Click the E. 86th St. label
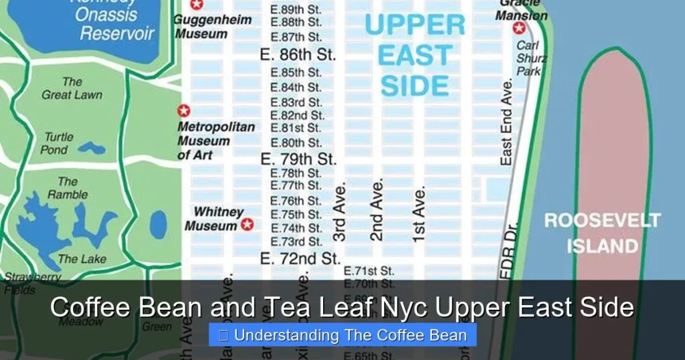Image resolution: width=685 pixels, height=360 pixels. coord(298,54)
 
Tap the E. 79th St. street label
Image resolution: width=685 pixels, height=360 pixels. coord(298,159)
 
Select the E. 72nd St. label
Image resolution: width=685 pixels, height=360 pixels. coord(300,258)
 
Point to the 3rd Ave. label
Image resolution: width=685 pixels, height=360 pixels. coord(340,210)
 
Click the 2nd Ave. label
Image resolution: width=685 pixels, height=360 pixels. coord(377,209)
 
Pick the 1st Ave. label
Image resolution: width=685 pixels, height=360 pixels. coord(419,214)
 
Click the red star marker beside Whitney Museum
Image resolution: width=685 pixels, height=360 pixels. coord(248,224)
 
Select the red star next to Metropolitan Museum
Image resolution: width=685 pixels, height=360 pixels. coord(183,111)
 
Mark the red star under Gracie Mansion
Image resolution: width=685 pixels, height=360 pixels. coord(519,28)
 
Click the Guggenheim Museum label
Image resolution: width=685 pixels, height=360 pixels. coord(213,26)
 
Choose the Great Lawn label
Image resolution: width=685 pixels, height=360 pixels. coord(72,88)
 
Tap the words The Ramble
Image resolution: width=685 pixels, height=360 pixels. coord(67,188)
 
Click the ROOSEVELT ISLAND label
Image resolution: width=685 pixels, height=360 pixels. coord(602,233)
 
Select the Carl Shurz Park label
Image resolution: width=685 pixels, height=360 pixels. coord(530,58)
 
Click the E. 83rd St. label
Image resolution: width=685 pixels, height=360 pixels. coord(296,102)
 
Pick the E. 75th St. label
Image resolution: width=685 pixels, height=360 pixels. coord(296,215)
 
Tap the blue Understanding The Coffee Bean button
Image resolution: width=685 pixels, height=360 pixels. coord(342,335)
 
